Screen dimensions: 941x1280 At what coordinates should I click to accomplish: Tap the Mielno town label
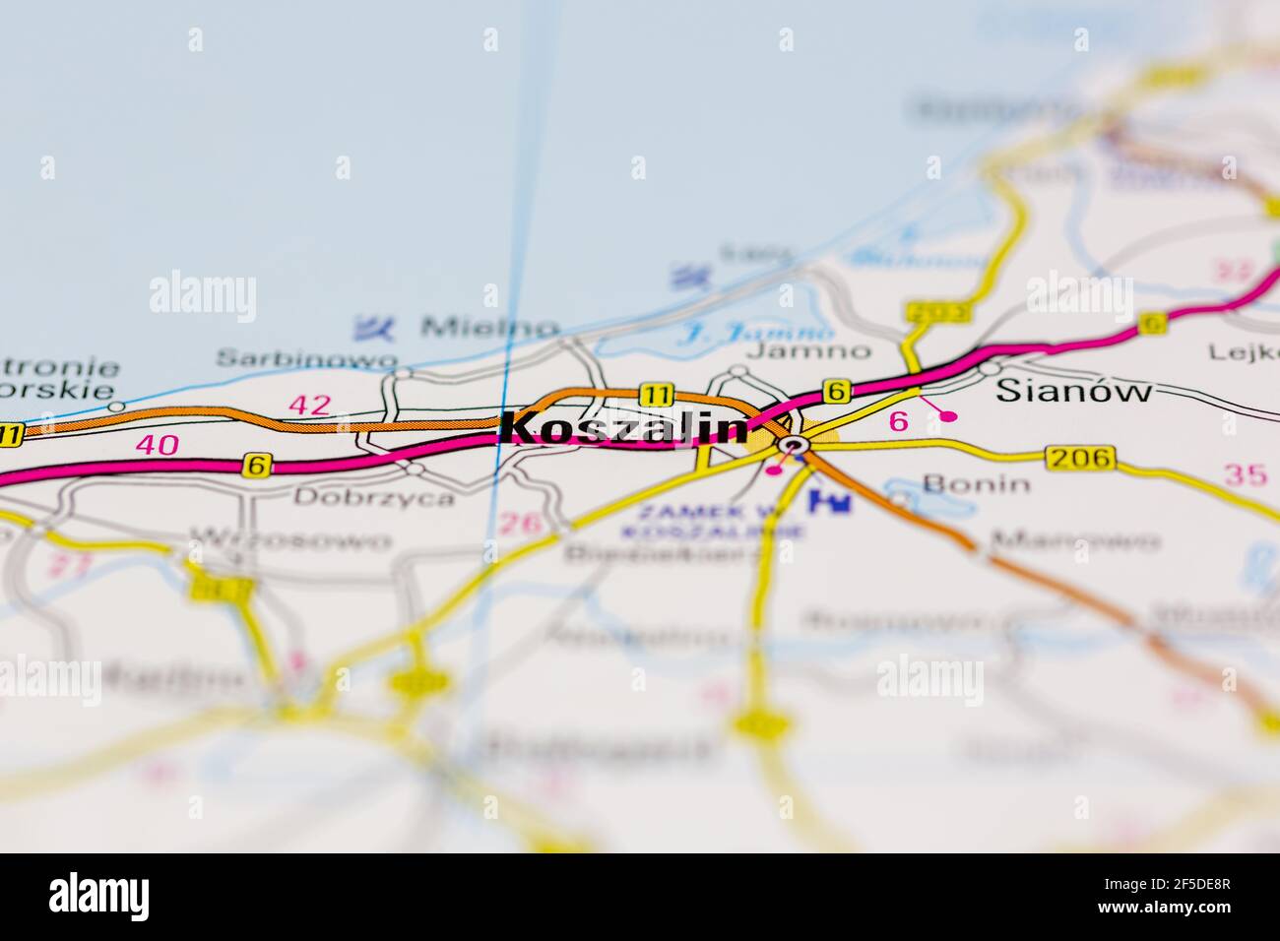(489, 327)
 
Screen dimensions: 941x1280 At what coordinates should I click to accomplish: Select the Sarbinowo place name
(307, 358)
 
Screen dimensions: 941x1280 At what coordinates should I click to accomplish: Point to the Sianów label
(1073, 391)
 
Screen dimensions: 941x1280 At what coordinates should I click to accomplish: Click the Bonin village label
(977, 483)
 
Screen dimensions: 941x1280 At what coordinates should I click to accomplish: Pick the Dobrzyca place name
(374, 497)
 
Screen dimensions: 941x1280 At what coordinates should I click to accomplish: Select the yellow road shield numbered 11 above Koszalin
(655, 395)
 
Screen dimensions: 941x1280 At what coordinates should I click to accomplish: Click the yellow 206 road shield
(1081, 457)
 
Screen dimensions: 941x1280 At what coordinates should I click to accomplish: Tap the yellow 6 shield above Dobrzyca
(257, 465)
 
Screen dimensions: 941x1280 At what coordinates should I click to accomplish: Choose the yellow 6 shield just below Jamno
(836, 391)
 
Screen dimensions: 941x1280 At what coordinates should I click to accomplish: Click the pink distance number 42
(309, 405)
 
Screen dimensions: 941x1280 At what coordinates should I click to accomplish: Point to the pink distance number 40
(158, 445)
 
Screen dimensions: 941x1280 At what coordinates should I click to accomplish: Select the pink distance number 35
(1246, 474)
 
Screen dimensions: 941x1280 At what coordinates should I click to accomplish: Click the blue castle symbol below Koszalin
(828, 502)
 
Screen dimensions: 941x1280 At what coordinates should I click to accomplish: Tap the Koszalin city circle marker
(794, 447)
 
